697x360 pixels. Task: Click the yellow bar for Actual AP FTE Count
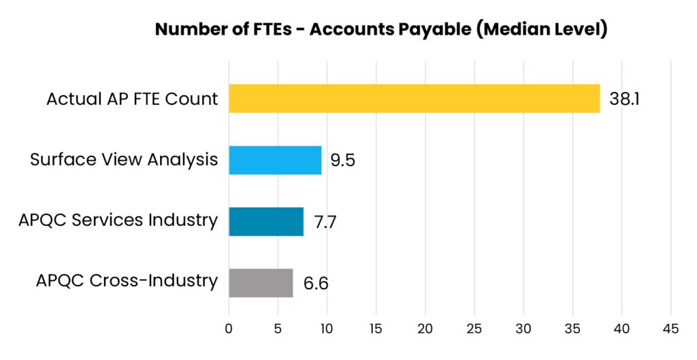pyautogui.click(x=414, y=99)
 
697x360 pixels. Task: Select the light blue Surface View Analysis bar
pyautogui.click(x=275, y=160)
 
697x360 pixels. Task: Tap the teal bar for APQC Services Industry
pyautogui.click(x=266, y=221)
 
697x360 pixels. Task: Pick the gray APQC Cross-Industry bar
pyautogui.click(x=261, y=283)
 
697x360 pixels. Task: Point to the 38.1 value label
pyautogui.click(x=625, y=99)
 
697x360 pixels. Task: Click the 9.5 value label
pyautogui.click(x=342, y=161)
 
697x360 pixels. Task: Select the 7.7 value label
pyautogui.click(x=325, y=222)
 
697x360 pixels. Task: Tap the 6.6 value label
pyautogui.click(x=316, y=284)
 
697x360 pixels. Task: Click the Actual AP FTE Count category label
pyautogui.click(x=132, y=99)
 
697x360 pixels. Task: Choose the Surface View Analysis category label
pyautogui.click(x=124, y=160)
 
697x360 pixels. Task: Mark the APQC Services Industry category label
pyautogui.click(x=118, y=220)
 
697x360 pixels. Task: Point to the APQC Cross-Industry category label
pyautogui.click(x=127, y=280)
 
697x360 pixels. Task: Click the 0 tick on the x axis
pyautogui.click(x=229, y=329)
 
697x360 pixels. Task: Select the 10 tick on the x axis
pyautogui.click(x=327, y=329)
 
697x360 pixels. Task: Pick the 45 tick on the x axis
pyautogui.click(x=670, y=329)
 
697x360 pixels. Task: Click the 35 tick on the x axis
pyautogui.click(x=572, y=329)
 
